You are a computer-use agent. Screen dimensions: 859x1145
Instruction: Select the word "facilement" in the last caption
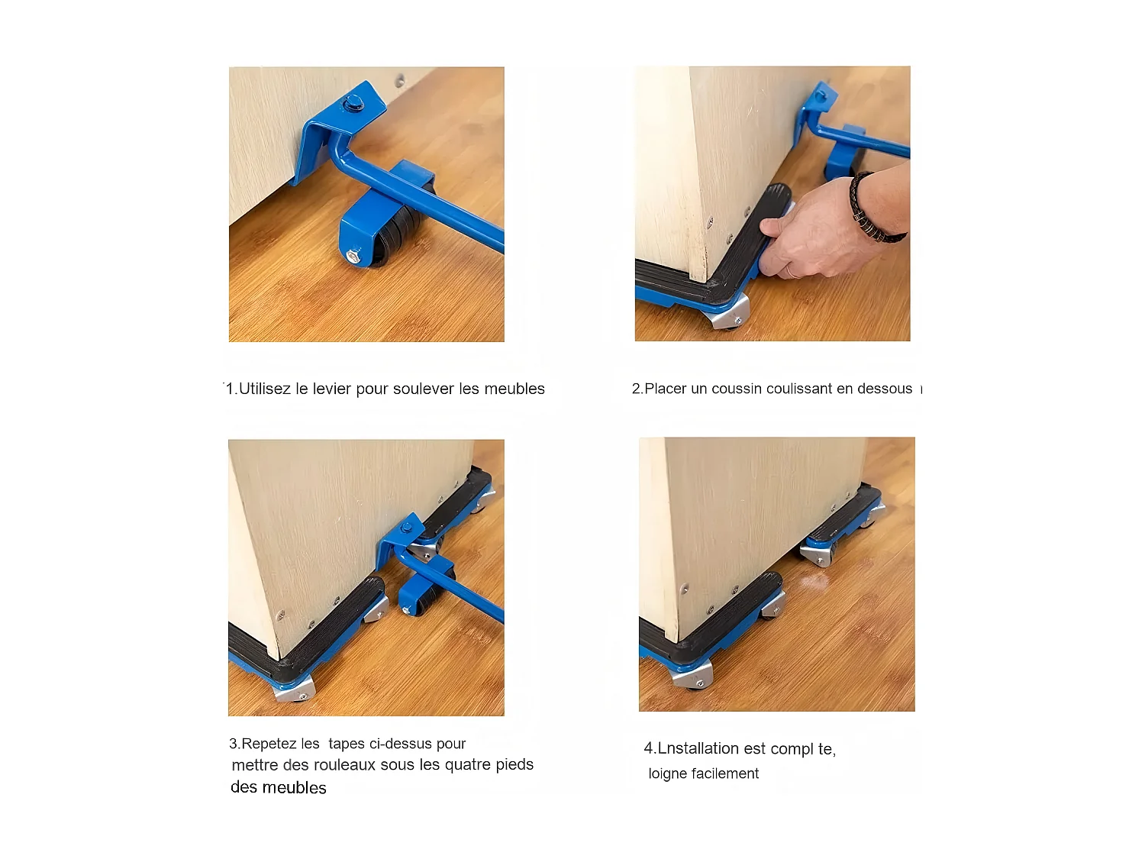tap(725, 773)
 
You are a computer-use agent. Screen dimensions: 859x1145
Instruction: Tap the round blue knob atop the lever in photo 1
tap(354, 102)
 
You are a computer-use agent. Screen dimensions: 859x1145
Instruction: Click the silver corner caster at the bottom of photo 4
tap(693, 675)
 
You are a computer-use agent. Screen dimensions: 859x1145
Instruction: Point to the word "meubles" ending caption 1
tap(514, 389)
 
